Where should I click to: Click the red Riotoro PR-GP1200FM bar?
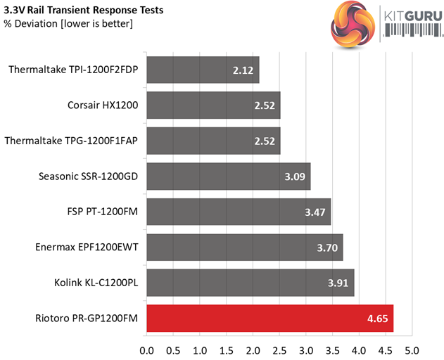[x=269, y=318]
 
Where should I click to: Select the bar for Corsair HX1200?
[x=213, y=105]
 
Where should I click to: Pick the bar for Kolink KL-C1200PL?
[x=250, y=283]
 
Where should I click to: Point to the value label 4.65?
[x=377, y=319]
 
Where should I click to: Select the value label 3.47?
[x=315, y=212]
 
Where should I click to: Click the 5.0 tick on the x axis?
[x=412, y=349]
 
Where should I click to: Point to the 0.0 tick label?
[x=147, y=349]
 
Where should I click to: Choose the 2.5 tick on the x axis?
[x=279, y=349]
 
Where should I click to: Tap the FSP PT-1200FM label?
[x=99, y=212]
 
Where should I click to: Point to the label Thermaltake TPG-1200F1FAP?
[x=71, y=141]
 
